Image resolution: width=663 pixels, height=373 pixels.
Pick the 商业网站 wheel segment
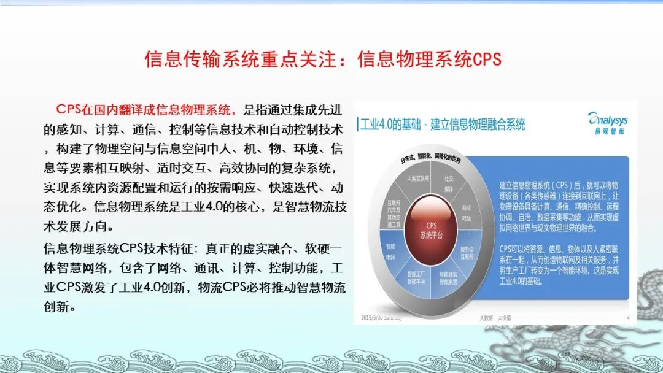pos(467,213)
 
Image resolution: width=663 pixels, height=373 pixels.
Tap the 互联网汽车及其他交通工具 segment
pos(392,211)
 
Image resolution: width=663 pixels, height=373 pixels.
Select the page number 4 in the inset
pos(627,317)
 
